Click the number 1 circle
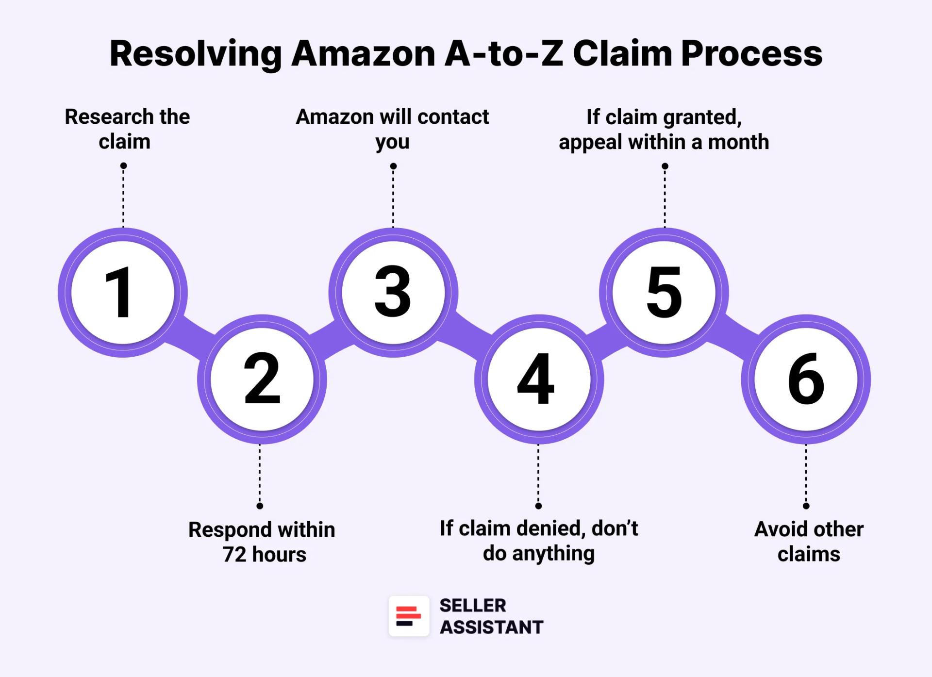click(x=122, y=293)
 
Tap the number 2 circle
click(x=262, y=379)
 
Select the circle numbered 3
click(x=393, y=293)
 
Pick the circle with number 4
click(x=538, y=379)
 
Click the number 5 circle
click(x=664, y=293)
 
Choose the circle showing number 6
click(x=805, y=379)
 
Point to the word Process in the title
click(x=751, y=53)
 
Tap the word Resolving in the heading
click(x=196, y=53)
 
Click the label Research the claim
click(x=127, y=129)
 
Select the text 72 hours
click(x=265, y=554)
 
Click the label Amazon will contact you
click(x=392, y=129)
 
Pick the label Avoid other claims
click(x=809, y=542)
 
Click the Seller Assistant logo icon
click(x=409, y=616)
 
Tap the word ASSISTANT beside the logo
click(x=491, y=627)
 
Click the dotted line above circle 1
click(x=123, y=197)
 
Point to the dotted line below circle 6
click(x=806, y=476)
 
